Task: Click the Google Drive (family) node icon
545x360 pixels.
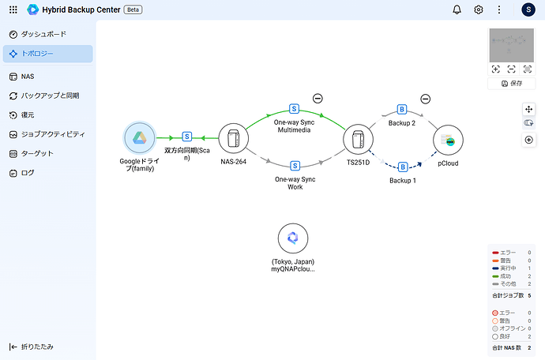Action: (139, 138)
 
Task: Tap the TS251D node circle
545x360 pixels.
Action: (358, 139)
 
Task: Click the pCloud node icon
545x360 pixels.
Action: (448, 141)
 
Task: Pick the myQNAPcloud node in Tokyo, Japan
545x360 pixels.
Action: (293, 238)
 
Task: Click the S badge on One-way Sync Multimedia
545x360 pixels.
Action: (294, 108)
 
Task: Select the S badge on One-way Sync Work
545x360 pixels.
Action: (294, 166)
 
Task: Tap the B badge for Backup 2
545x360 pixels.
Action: (402, 109)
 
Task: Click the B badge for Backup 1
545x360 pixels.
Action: (403, 167)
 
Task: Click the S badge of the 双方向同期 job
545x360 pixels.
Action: (187, 136)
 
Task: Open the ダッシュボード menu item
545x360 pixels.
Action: (43, 35)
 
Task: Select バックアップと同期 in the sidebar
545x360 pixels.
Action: (49, 96)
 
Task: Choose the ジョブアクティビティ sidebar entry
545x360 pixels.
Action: (53, 134)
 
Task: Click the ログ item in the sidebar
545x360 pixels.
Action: (28, 172)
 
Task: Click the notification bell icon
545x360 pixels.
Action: (457, 9)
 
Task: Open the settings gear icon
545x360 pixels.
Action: (479, 9)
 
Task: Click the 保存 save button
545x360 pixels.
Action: (511, 83)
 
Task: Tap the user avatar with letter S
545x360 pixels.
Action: (528, 9)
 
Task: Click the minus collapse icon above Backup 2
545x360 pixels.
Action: (425, 99)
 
